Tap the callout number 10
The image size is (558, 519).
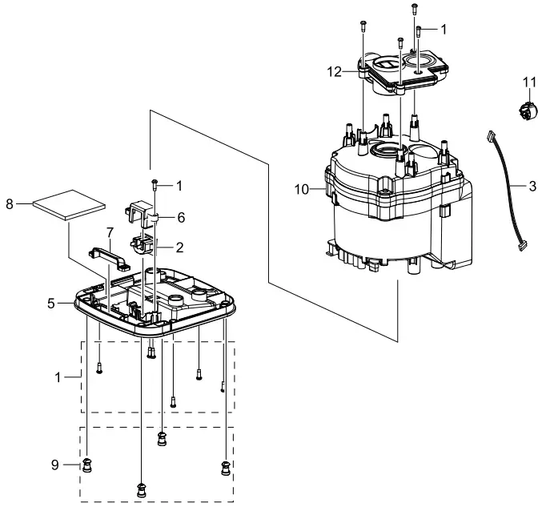[x=301, y=189]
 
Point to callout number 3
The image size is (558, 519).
[x=532, y=187]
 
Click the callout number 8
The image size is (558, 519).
[x=10, y=203]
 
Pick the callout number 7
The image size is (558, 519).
[x=110, y=231]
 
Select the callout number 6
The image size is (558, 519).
[x=181, y=217]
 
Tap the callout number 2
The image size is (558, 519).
[x=181, y=247]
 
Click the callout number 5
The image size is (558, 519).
[x=50, y=304]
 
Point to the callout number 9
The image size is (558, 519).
[x=55, y=464]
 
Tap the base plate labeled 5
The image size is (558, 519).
[x=192, y=308]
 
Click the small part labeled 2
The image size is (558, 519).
[x=141, y=244]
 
